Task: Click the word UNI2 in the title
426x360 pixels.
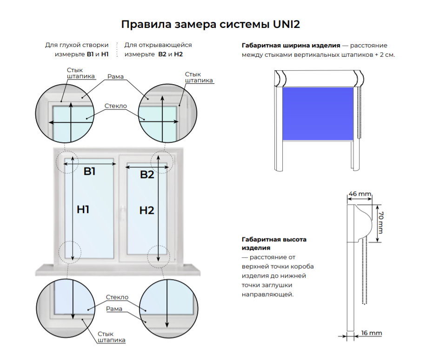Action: click(286, 24)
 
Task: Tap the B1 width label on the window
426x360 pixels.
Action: click(89, 172)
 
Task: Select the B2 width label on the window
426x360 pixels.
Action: click(147, 174)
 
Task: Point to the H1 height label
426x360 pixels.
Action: click(83, 209)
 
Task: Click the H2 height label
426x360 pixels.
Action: click(146, 210)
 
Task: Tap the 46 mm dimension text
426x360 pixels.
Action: click(360, 193)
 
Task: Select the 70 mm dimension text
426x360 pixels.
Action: click(380, 223)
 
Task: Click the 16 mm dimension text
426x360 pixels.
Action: click(372, 333)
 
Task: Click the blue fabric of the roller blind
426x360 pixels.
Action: click(318, 113)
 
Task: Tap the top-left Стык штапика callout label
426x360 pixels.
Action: click(81, 73)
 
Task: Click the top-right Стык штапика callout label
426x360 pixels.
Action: click(199, 77)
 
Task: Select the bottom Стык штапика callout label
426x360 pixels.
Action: click(112, 337)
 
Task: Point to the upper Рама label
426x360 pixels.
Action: click(115, 77)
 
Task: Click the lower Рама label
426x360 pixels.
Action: click(114, 309)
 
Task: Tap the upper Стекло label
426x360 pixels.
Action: click(116, 106)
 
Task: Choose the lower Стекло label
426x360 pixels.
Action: click(117, 297)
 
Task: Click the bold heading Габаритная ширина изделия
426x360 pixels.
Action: click(291, 46)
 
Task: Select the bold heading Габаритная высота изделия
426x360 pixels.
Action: click(274, 243)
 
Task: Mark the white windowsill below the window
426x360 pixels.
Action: click(118, 270)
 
